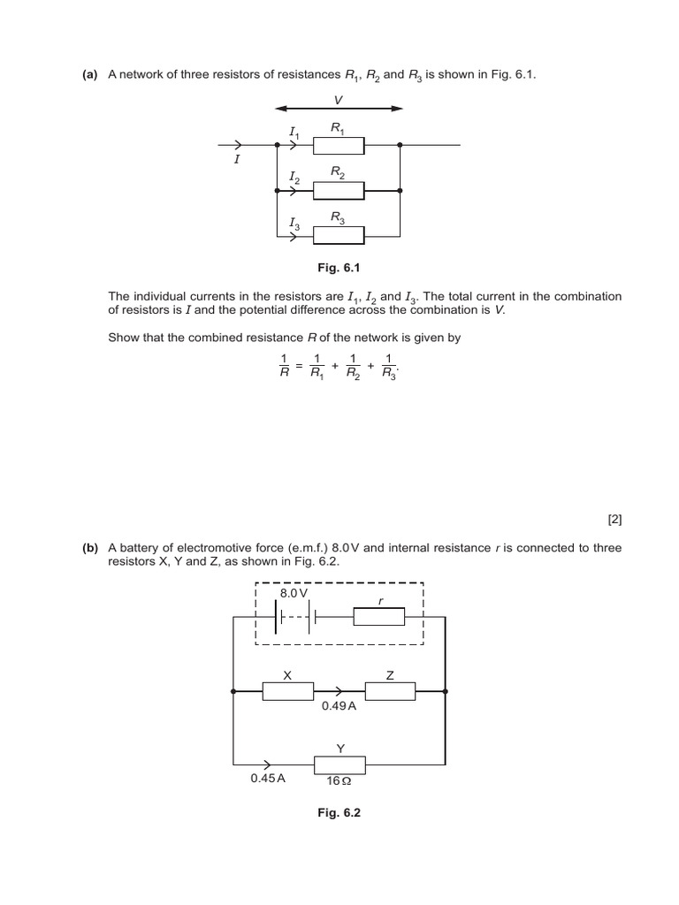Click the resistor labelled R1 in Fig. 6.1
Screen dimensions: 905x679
[x=339, y=144]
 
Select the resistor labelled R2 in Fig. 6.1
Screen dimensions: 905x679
[x=339, y=190]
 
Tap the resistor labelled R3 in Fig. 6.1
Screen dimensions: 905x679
[x=339, y=235]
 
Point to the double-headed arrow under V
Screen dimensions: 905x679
[x=339, y=108]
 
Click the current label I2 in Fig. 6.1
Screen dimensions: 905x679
[x=294, y=179]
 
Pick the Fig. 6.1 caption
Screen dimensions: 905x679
[x=339, y=265]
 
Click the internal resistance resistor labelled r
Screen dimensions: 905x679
[x=378, y=617]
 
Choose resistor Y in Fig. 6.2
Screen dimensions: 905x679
[x=339, y=764]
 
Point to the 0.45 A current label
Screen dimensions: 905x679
[x=268, y=780]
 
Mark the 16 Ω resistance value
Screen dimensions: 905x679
[x=339, y=781]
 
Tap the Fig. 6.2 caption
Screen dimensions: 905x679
[x=339, y=813]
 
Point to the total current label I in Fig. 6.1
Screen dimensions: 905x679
[x=236, y=161]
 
